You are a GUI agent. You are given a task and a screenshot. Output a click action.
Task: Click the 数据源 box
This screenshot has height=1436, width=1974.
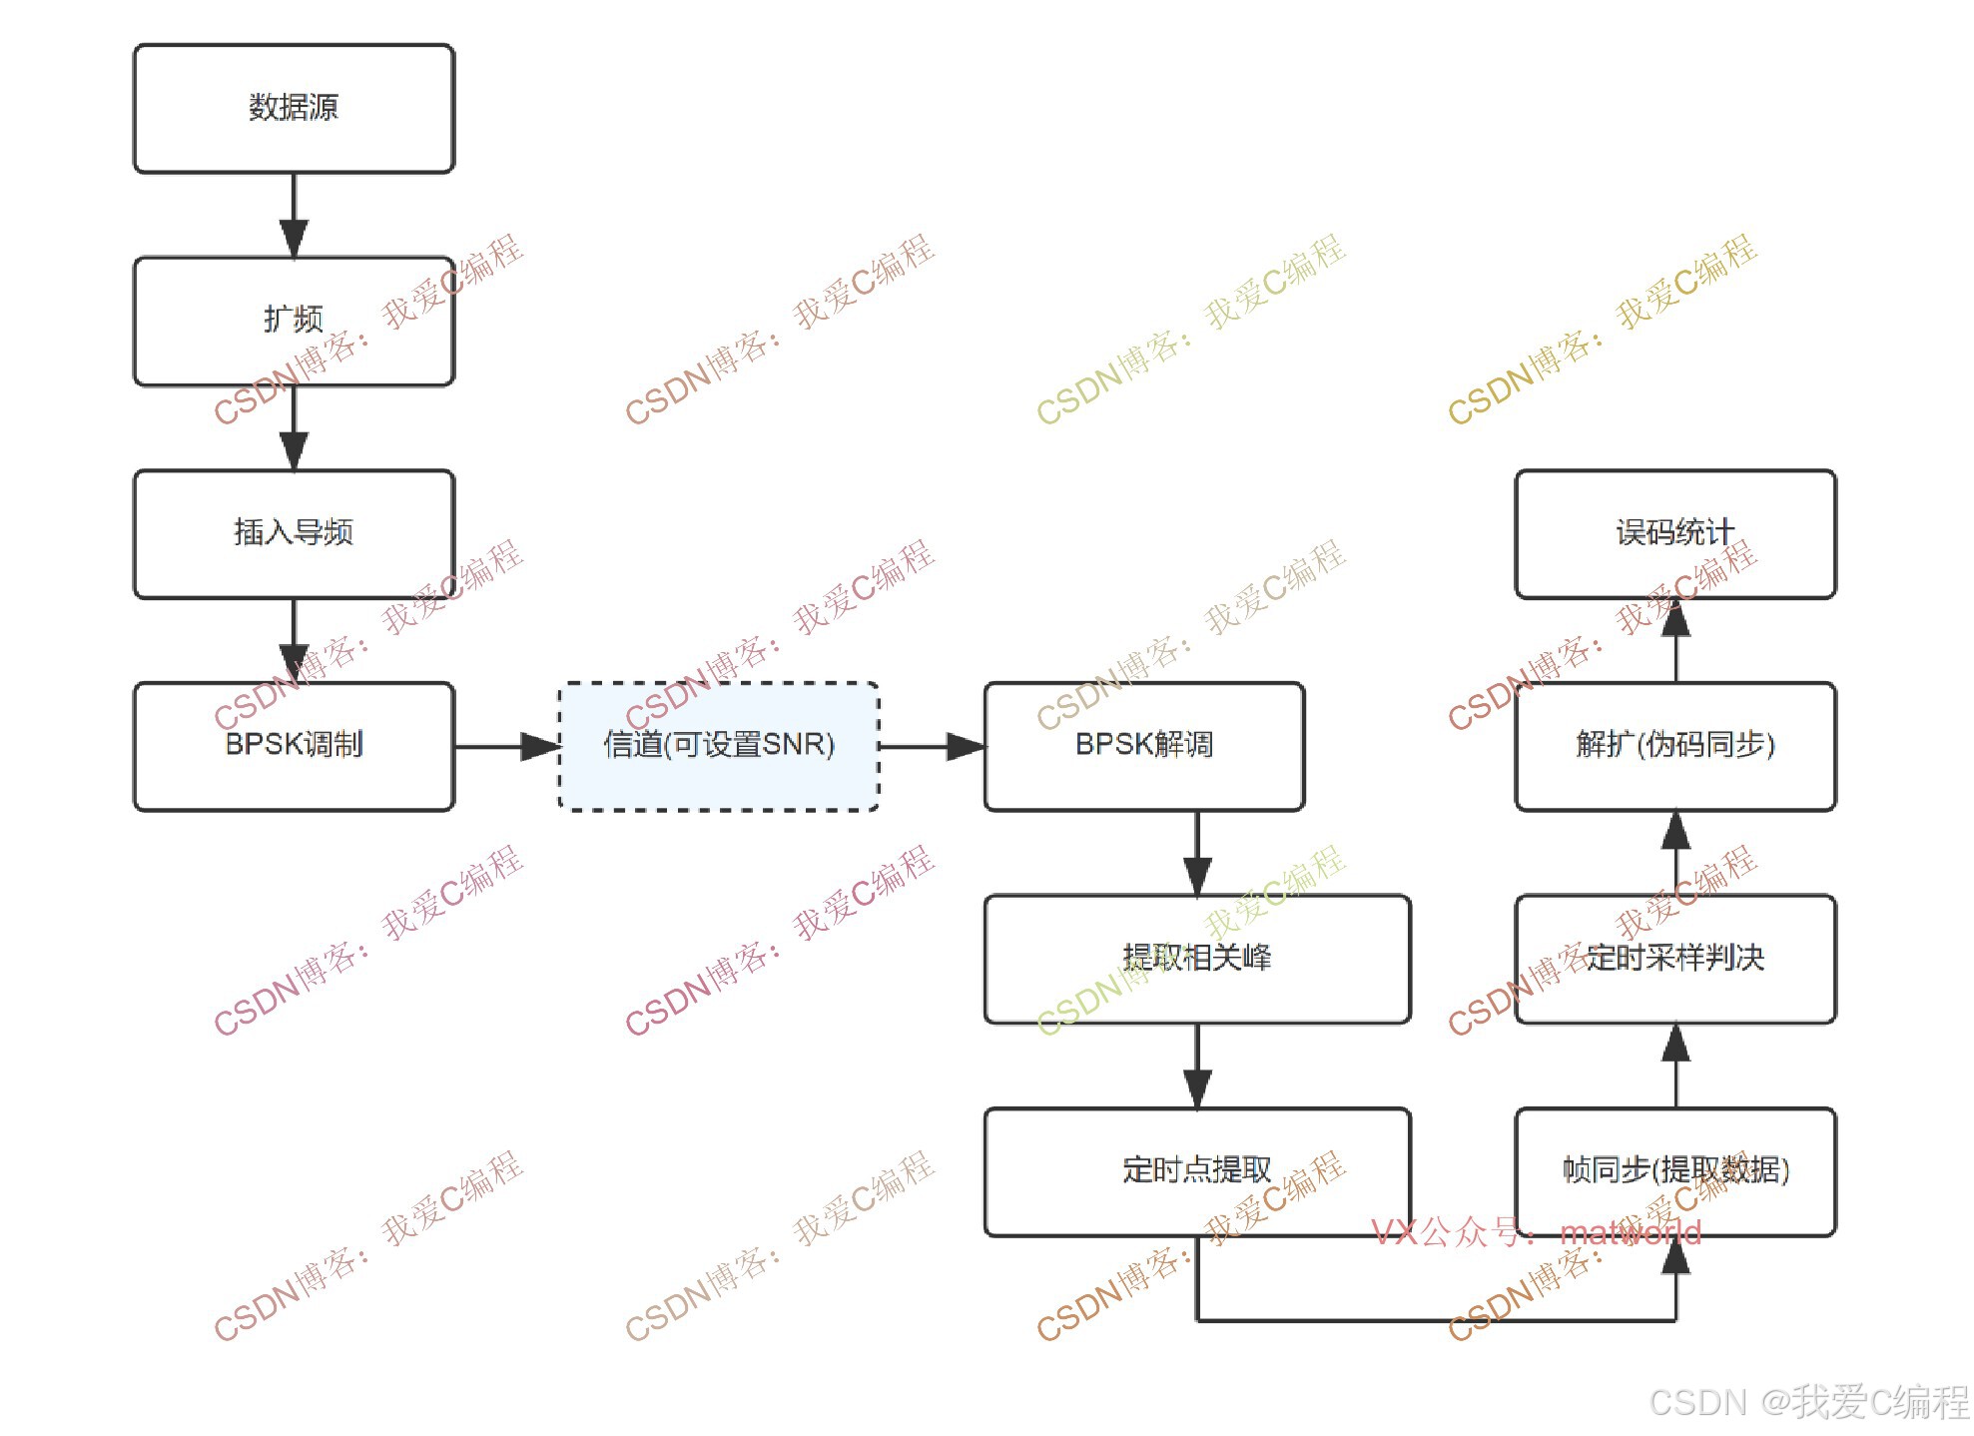pyautogui.click(x=294, y=108)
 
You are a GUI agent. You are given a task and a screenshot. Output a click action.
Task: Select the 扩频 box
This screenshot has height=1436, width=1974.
pyautogui.click(x=294, y=321)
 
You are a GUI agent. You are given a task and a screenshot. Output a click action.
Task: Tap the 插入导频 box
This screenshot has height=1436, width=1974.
pyautogui.click(x=294, y=533)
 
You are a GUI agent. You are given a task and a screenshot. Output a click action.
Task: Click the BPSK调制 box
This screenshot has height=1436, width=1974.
pyautogui.click(x=294, y=746)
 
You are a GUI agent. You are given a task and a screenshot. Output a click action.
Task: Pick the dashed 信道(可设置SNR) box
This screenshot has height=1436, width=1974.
pyautogui.click(x=719, y=746)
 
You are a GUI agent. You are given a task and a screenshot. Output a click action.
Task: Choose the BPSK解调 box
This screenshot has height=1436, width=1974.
pyautogui.click(x=1144, y=746)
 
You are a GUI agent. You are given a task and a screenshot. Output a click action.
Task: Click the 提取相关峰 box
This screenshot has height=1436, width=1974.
pyautogui.click(x=1197, y=959)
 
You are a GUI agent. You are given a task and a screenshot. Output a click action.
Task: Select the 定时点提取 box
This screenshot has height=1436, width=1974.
pyautogui.click(x=1197, y=1171)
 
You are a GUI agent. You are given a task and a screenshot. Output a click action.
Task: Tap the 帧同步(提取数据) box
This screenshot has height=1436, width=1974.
pyautogui.click(x=1675, y=1171)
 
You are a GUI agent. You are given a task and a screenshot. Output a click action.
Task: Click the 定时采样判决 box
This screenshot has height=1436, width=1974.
pyautogui.click(x=1675, y=959)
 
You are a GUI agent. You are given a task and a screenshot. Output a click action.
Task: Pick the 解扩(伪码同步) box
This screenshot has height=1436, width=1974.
pyautogui.click(x=1675, y=746)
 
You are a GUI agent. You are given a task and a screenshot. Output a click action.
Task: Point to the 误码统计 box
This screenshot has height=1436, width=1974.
pyautogui.click(x=1675, y=533)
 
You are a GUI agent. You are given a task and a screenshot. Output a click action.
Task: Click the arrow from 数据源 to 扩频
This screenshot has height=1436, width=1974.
pyautogui.click(x=294, y=215)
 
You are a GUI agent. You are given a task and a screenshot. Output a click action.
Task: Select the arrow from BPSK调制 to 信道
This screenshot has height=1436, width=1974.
pyautogui.click(x=506, y=746)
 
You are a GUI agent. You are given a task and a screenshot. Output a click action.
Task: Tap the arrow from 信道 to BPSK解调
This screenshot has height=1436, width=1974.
pyautogui.click(x=932, y=746)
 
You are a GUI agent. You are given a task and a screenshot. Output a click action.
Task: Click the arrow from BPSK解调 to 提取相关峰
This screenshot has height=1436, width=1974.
pyautogui.click(x=1197, y=853)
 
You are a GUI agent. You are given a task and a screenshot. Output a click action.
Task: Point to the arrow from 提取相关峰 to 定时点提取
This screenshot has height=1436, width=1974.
pyautogui.click(x=1197, y=1066)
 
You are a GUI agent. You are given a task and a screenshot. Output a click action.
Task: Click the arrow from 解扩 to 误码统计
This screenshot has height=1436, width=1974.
pyautogui.click(x=1675, y=640)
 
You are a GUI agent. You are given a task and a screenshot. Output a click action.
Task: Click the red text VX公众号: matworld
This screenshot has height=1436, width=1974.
pyautogui.click(x=1536, y=1233)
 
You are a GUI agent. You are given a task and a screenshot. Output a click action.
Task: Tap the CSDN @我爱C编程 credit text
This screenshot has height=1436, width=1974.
pyautogui.click(x=1808, y=1402)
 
